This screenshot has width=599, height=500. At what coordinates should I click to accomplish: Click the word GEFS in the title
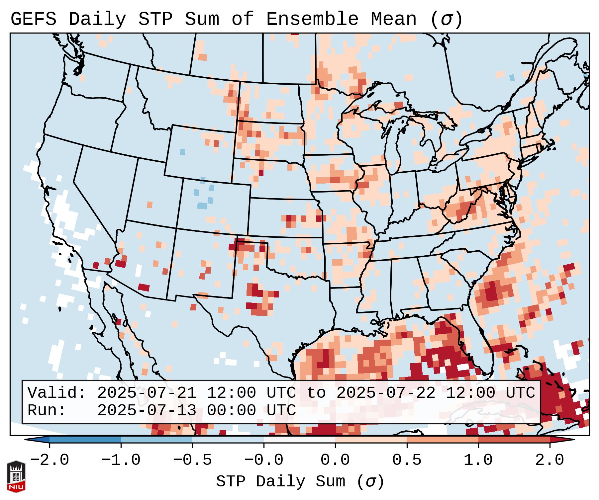point(33,19)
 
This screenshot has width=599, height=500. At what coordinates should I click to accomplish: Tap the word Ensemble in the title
point(312,19)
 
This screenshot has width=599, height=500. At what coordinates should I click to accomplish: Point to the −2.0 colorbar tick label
point(50,460)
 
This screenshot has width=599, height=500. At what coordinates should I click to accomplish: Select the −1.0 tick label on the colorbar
point(121,460)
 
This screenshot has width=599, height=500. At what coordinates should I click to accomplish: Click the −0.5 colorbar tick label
point(192,460)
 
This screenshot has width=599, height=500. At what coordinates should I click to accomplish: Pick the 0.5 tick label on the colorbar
point(407,460)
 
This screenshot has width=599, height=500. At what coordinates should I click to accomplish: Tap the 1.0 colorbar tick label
point(478,460)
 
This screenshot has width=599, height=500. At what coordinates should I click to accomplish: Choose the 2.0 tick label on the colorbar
point(549,460)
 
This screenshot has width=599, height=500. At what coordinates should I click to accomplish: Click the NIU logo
point(16,476)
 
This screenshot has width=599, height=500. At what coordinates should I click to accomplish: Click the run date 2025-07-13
point(147,410)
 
